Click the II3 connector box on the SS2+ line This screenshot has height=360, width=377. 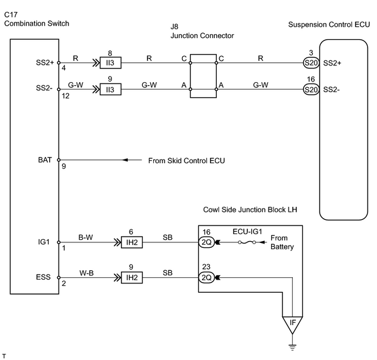tap(110, 63)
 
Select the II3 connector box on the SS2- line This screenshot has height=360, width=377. tap(110, 90)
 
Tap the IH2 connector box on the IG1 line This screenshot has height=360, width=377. tap(131, 242)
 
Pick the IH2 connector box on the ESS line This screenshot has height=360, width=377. tap(131, 278)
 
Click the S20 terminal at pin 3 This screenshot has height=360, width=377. tap(311, 63)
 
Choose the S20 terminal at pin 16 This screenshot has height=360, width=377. tap(311, 90)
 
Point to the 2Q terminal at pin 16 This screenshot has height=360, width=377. tap(206, 242)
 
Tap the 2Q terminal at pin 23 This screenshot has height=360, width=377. tap(206, 278)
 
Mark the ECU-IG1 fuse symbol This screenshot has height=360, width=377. tap(247, 242)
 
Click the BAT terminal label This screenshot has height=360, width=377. tap(45, 160)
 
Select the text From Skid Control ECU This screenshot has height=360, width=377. tap(186, 161)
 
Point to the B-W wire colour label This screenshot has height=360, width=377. tap(85, 237)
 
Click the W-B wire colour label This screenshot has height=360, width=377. tap(87, 273)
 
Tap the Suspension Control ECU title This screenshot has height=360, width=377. tap(329, 24)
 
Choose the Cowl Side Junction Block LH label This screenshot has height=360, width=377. tap(250, 209)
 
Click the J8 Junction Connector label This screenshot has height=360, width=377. tap(202, 31)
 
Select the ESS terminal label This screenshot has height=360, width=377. tap(43, 277)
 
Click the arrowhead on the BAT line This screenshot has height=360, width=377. tap(125, 160)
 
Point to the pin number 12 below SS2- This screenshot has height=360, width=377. tap(65, 96)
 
